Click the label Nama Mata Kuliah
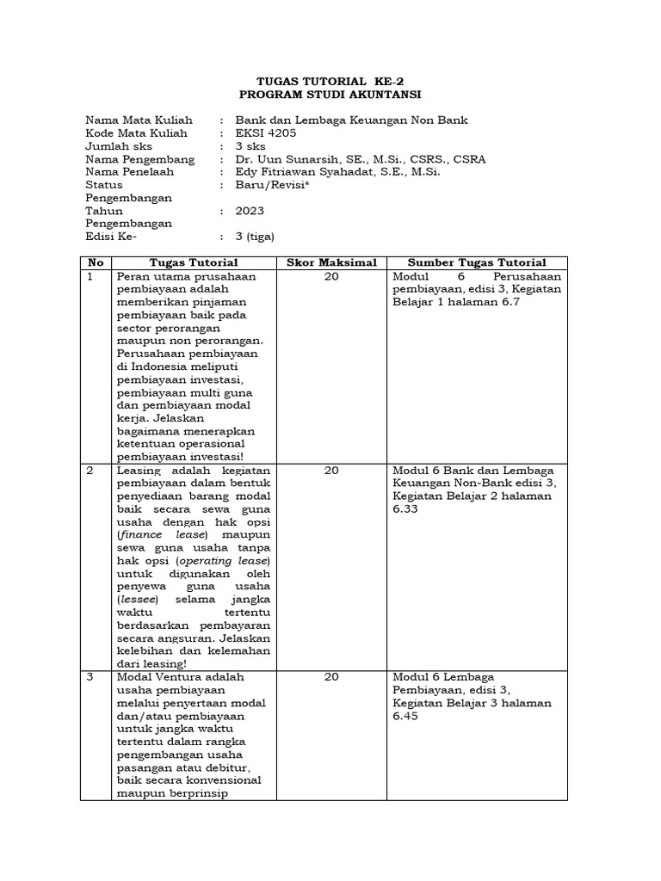[x=139, y=120]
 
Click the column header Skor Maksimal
[x=330, y=262]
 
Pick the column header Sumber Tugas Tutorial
[x=477, y=262]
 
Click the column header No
[x=95, y=262]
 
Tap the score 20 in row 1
[x=331, y=277]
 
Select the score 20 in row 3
[x=331, y=677]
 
